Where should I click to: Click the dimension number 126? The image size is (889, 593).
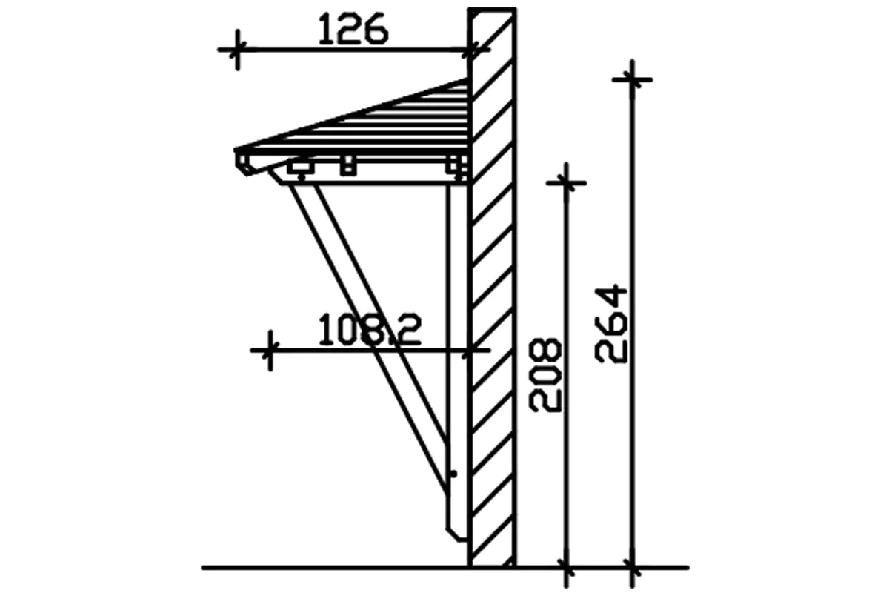(353, 31)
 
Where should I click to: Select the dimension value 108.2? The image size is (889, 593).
(369, 331)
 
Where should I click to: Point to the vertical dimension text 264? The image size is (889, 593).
(612, 324)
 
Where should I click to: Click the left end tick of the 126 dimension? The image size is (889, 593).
(237, 50)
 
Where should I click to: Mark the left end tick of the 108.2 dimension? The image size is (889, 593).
(270, 350)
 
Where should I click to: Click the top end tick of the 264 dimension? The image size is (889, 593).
(632, 79)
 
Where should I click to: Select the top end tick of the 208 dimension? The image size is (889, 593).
(566, 182)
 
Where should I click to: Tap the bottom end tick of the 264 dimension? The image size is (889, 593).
(632, 569)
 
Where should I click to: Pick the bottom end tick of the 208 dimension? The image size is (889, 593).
(566, 569)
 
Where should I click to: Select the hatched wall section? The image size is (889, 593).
(493, 296)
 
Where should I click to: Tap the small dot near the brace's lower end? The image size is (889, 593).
(453, 473)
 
